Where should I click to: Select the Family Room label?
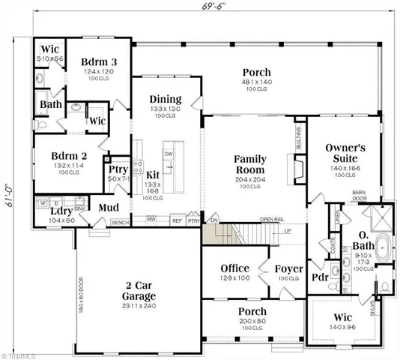click(x=250, y=164)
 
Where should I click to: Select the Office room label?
click(x=234, y=268)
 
